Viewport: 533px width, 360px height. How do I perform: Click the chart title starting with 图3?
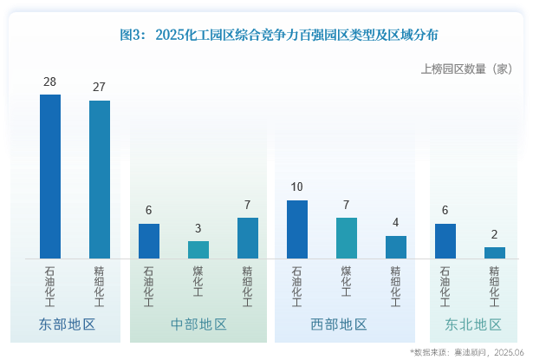[x=278, y=36]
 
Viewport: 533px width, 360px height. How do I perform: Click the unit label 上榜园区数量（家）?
[x=466, y=69]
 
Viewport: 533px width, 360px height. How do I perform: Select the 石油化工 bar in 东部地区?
[x=50, y=176]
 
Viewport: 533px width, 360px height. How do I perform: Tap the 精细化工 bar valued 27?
[x=100, y=180]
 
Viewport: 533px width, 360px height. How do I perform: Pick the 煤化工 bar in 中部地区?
[x=198, y=250]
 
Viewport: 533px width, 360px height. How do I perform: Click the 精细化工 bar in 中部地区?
[x=248, y=238]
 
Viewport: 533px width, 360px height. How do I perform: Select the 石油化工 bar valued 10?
[x=297, y=229]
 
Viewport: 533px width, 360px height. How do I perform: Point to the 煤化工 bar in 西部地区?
[x=347, y=238]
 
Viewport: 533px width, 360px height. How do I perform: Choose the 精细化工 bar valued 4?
[x=396, y=247]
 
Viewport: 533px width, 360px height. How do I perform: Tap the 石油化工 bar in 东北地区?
[x=445, y=241]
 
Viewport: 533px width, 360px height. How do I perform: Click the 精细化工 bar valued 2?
[x=495, y=252]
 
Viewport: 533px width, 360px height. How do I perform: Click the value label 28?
[x=50, y=82]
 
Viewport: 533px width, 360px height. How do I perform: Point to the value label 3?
[x=198, y=229]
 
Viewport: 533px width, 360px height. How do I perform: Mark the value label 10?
[x=297, y=187]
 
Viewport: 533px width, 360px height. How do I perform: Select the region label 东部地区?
[x=67, y=324]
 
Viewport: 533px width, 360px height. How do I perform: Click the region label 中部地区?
[x=199, y=324]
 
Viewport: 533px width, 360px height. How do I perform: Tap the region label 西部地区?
[x=339, y=324]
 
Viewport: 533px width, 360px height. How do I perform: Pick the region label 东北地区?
[x=473, y=324]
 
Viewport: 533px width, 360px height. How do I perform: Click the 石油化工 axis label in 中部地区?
[x=149, y=286]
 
